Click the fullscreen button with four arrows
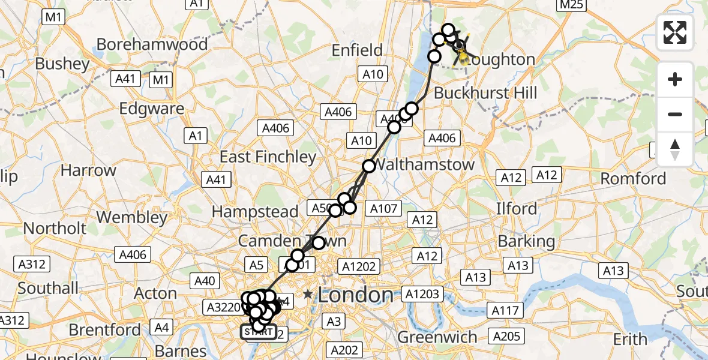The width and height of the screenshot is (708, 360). (x=675, y=32)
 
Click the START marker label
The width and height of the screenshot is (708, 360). (x=259, y=332)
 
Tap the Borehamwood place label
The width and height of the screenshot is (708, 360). (x=152, y=44)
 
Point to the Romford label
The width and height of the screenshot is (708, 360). (x=633, y=178)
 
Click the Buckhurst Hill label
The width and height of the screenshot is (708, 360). (x=485, y=93)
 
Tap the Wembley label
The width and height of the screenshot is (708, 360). (x=132, y=217)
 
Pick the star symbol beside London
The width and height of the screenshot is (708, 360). (x=308, y=294)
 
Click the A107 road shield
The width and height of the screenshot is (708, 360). (x=383, y=208)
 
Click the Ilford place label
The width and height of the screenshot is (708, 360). (x=516, y=208)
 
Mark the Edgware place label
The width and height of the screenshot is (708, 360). (x=152, y=109)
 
